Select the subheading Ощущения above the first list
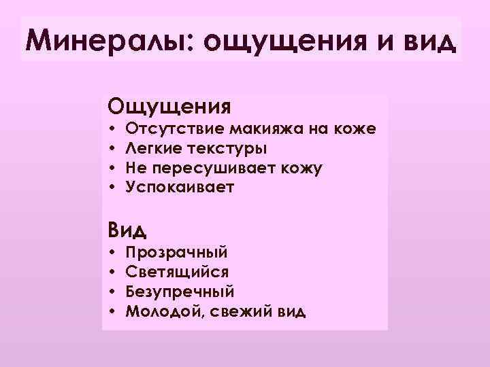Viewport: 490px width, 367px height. [x=169, y=107]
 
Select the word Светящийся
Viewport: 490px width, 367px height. [x=177, y=272]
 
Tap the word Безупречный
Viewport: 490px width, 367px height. [x=180, y=292]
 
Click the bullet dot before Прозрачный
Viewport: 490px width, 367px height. [x=111, y=252]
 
